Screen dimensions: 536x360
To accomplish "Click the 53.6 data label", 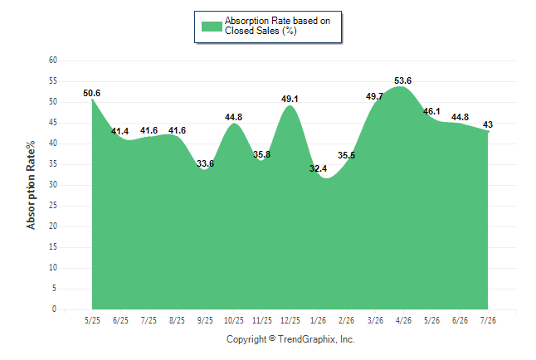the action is tap(402, 80).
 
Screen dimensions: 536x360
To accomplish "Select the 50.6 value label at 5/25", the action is tap(91, 93).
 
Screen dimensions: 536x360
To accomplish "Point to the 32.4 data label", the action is tap(319, 168).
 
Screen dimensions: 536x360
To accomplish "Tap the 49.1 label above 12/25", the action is tap(290, 99).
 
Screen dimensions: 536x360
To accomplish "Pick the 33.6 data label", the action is tap(205, 163).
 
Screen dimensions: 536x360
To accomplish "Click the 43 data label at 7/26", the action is tap(488, 124).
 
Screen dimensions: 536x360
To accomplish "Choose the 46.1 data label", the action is tap(431, 111).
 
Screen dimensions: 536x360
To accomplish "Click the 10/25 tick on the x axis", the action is tap(234, 320).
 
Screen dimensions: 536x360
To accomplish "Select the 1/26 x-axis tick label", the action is tap(319, 320).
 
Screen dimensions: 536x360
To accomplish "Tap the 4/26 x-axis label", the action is tap(403, 320).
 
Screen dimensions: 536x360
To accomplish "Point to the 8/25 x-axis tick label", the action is tap(177, 320).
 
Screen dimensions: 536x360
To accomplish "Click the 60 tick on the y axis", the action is tap(53, 61).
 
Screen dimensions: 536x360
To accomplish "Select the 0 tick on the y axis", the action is tap(55, 309).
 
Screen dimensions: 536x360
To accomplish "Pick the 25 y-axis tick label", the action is tap(53, 206).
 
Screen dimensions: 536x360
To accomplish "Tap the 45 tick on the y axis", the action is tap(53, 123).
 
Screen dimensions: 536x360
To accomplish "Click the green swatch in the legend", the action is tap(212, 27).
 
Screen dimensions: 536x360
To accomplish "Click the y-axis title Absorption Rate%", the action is tap(31, 185).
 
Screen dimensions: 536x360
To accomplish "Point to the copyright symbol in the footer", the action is tap(272, 338).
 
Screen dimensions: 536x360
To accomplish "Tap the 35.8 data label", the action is tap(262, 154).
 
